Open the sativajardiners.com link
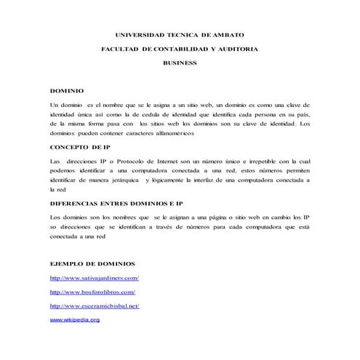(94, 279)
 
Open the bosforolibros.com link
(92, 292)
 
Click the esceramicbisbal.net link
(94, 306)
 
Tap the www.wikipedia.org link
(75, 319)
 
